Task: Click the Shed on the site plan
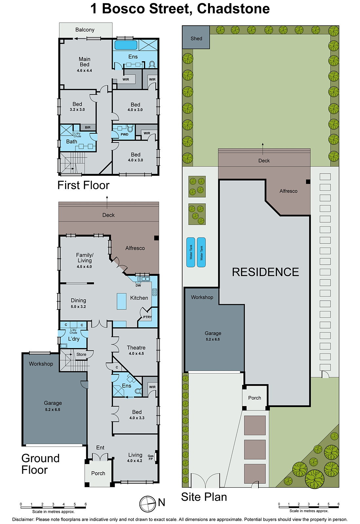point(196,38)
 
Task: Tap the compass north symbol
point(147,504)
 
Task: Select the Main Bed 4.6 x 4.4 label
point(85,64)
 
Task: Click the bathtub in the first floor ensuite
point(126,45)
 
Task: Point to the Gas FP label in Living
point(151,457)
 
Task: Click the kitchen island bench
point(122,301)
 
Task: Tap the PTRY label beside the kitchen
point(147,317)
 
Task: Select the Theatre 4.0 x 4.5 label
point(136,350)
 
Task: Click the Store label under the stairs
point(81,354)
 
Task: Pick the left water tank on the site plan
point(191,252)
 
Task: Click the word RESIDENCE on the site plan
point(265,272)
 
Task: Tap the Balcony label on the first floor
point(85,30)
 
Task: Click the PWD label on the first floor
point(124,134)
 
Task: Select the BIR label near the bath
point(87,127)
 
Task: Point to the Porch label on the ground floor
point(98,473)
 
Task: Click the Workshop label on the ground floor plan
point(41,364)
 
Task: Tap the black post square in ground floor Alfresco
point(156,238)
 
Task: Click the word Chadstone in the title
point(233,9)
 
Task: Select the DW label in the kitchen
point(138,286)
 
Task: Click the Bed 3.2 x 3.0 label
point(77,106)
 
